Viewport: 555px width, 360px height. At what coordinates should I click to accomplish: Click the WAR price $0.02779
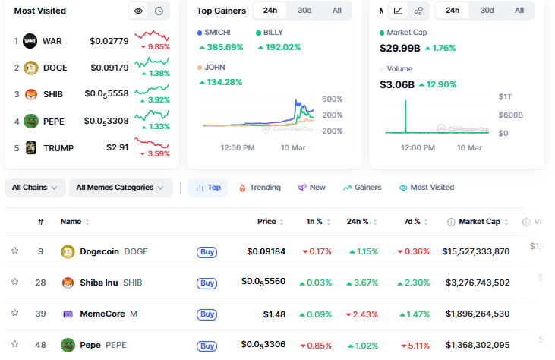click(x=109, y=40)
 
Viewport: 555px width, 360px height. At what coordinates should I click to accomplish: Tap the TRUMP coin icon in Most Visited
click(x=30, y=147)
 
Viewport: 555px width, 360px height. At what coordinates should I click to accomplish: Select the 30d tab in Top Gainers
click(x=304, y=11)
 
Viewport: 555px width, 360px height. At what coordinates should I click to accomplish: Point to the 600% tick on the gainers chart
click(x=333, y=99)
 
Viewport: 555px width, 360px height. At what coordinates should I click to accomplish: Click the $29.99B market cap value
click(x=399, y=48)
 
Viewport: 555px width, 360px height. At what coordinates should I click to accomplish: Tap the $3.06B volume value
click(x=397, y=84)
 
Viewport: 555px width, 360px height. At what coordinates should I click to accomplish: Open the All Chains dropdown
click(x=35, y=188)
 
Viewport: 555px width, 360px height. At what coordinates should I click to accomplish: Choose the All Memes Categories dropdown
click(x=120, y=188)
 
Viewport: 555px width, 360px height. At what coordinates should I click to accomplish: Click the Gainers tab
click(x=362, y=188)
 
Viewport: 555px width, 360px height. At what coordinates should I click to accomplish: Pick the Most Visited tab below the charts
click(x=427, y=188)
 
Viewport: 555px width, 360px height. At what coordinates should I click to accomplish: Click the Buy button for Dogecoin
click(x=207, y=251)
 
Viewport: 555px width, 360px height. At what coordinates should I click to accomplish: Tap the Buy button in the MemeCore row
click(x=207, y=314)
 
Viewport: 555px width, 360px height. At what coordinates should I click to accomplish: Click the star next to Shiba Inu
click(x=14, y=282)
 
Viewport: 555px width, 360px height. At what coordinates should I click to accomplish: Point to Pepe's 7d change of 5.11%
click(x=413, y=345)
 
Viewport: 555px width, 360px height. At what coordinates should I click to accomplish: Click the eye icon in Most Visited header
click(x=138, y=11)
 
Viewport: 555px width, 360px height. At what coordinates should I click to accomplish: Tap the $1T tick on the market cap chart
click(x=505, y=97)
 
